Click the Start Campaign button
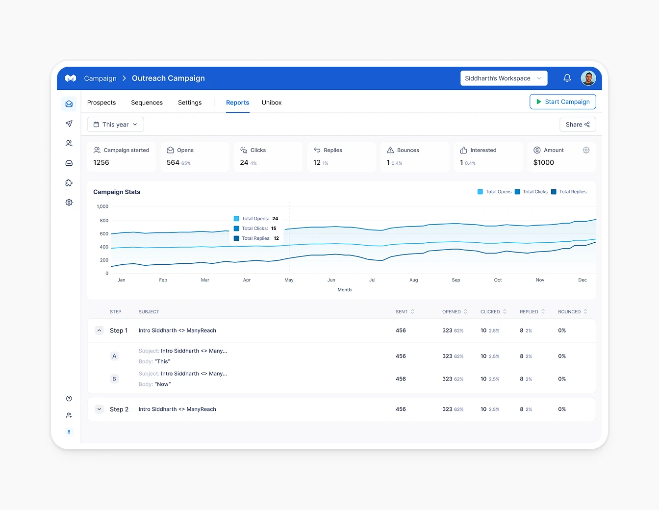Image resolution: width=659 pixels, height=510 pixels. coord(562,102)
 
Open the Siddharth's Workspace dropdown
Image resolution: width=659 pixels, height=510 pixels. coord(504,78)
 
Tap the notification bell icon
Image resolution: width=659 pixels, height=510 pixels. coord(567,78)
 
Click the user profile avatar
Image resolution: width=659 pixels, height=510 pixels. coord(588,78)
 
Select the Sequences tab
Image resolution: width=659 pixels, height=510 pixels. coord(147,102)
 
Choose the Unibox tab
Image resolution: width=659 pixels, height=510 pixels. coord(271,102)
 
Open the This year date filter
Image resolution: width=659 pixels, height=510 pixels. coord(116,125)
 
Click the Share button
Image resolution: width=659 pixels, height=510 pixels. coord(578,125)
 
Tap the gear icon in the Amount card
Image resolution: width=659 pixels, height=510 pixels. coord(586,150)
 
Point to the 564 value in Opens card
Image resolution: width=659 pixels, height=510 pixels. coord(173,163)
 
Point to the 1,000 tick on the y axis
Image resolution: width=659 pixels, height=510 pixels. coord(102,206)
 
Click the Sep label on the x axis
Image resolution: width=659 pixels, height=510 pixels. coord(456,280)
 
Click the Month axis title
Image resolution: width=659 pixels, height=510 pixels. coord(344,290)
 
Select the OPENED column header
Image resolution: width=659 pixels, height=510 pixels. coord(452,312)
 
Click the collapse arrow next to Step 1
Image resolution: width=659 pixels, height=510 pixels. coord(99,331)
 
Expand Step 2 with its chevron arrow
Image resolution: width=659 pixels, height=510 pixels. coord(99,409)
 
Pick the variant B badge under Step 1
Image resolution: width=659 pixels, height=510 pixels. coord(114,379)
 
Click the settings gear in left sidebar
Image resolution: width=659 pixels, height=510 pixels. coord(69,203)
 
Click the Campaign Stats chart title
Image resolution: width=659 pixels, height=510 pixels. coord(117,192)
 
